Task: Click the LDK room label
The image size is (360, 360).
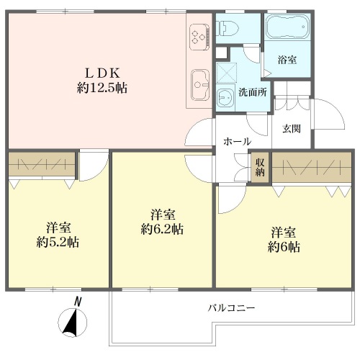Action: (x=102, y=73)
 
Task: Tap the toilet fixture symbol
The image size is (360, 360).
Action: (x=227, y=27)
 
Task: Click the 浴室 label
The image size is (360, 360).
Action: (x=287, y=60)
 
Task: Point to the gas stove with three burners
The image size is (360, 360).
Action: (x=199, y=37)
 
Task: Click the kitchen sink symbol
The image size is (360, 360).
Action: (x=200, y=85)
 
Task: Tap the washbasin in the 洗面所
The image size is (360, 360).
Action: (x=225, y=97)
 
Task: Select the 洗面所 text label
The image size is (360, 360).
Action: (x=253, y=92)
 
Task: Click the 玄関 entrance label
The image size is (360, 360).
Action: (x=292, y=129)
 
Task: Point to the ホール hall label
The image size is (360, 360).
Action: (x=237, y=141)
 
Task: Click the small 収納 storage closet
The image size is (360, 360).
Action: (x=260, y=167)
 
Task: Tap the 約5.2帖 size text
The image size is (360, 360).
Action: (x=58, y=242)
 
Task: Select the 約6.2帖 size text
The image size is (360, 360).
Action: (x=162, y=229)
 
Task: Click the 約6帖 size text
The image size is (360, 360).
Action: (x=284, y=247)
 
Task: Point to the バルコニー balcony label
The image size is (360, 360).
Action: (x=231, y=307)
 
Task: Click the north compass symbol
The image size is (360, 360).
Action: (x=73, y=323)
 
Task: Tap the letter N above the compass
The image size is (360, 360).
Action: (x=77, y=302)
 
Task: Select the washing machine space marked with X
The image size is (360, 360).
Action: (x=226, y=73)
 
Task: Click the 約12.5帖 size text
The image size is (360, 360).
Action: (x=102, y=88)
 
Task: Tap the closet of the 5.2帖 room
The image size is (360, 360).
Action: (x=42, y=164)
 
